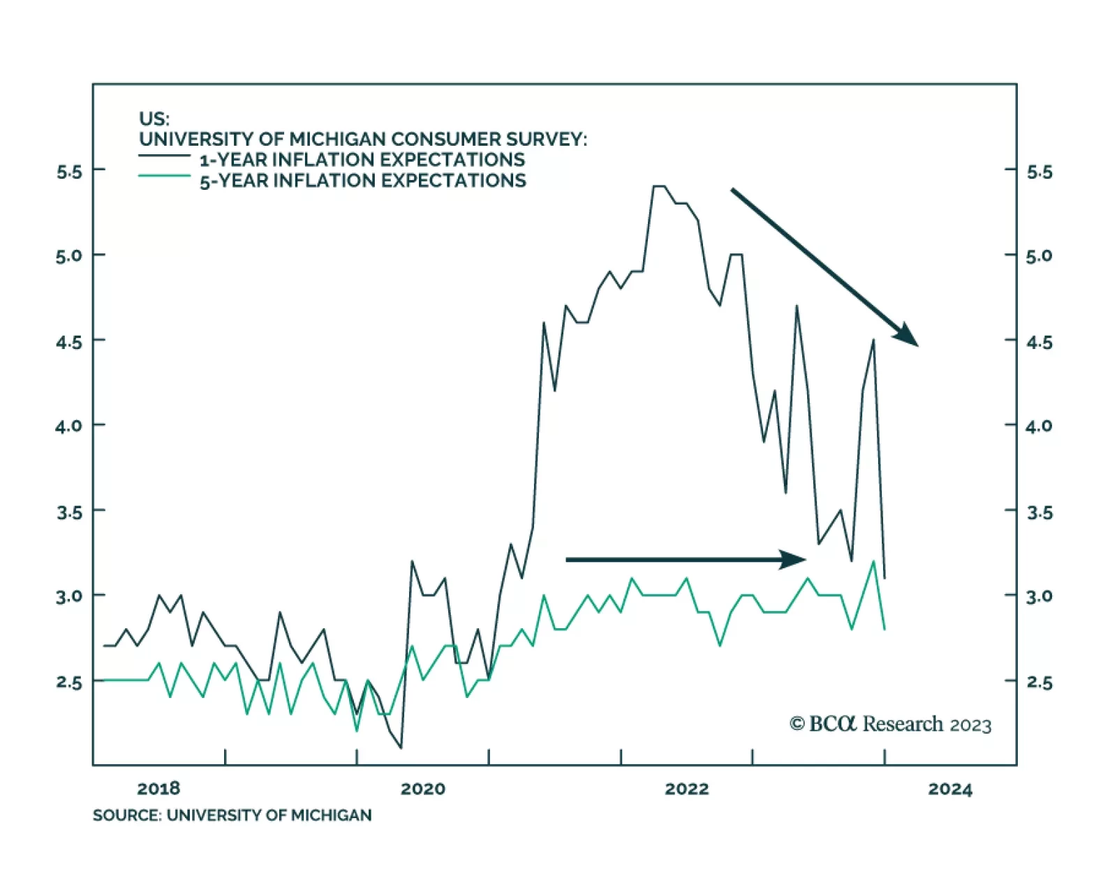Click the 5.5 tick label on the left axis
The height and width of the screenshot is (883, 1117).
[68, 172]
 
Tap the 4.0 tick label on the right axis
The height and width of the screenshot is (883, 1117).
[1039, 426]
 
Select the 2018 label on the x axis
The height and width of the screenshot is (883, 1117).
[158, 789]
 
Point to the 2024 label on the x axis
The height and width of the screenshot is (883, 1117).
[950, 789]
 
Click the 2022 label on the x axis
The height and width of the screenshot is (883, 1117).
[686, 789]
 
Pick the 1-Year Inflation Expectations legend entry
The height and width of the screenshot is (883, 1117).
[362, 160]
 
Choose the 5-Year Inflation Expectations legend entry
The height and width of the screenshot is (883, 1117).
[363, 181]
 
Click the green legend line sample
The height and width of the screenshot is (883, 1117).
[165, 176]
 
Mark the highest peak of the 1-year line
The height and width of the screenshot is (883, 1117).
[659, 186]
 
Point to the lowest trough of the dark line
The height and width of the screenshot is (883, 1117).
[401, 748]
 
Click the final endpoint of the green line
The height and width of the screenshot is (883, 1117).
[885, 629]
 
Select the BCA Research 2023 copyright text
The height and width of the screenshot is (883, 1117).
[890, 725]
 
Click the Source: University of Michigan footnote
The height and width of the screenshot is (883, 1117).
[232, 815]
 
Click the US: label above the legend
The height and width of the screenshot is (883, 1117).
[154, 119]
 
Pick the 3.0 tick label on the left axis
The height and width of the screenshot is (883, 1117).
[68, 596]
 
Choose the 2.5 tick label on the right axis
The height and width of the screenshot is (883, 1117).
[1039, 682]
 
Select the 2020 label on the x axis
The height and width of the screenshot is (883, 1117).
[422, 789]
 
